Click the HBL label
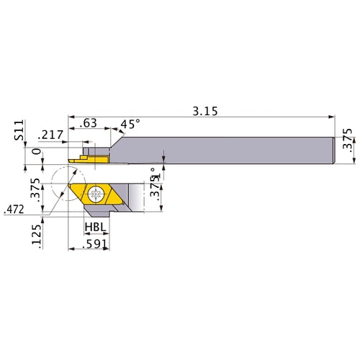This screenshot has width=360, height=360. pyautogui.click(x=96, y=227)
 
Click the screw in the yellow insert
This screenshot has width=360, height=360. pyautogui.click(x=96, y=194)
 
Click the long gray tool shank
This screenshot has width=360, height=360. pyautogui.click(x=230, y=148)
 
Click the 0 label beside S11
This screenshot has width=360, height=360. pyautogui.click(x=37, y=151)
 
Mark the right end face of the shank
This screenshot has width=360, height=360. pyautogui.click(x=334, y=148)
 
